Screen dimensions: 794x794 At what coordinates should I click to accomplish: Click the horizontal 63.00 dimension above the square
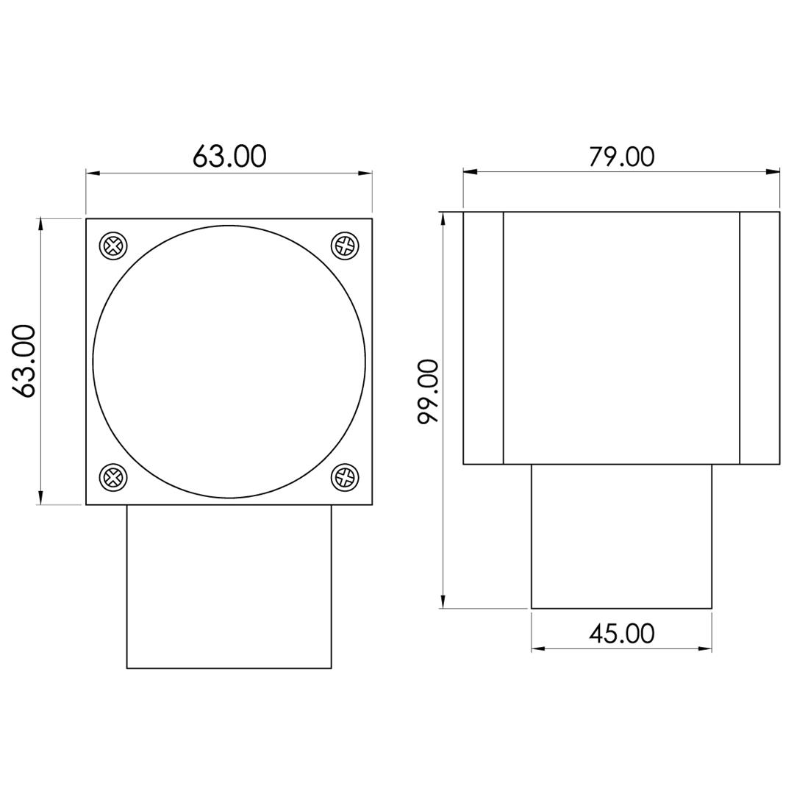coord(229,156)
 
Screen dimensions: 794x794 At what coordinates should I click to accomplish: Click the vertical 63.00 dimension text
coord(25,361)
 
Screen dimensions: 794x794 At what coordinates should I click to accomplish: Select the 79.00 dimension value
coord(621,157)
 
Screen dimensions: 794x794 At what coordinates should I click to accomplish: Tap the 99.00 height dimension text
coord(428,391)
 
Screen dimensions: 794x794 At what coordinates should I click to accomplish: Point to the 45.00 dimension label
coord(621,633)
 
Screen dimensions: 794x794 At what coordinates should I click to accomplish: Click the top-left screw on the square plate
coord(113,246)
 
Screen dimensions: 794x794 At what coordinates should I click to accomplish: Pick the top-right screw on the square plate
coord(345,246)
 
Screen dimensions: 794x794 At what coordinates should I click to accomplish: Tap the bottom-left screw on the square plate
coord(113,478)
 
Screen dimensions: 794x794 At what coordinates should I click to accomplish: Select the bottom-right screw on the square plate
coord(345,478)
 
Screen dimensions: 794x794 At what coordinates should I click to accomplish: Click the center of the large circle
coord(229,362)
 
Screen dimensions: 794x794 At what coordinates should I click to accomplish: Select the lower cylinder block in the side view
coord(621,537)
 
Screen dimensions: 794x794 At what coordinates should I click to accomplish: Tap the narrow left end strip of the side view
coord(483,338)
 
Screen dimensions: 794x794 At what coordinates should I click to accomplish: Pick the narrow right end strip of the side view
coord(759,338)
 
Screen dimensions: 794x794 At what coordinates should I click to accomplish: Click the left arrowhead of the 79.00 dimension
coord(470,172)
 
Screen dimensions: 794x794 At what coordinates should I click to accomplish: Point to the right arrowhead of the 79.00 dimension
coord(773,172)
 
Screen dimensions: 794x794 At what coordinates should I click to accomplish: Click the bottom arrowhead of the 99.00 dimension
coord(443,601)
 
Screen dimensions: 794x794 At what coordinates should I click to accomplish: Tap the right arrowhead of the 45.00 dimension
coord(705,648)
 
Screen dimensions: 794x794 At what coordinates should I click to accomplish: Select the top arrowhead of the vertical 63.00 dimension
coord(40,224)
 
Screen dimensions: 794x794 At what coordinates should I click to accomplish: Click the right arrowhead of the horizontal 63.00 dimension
coord(365,174)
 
